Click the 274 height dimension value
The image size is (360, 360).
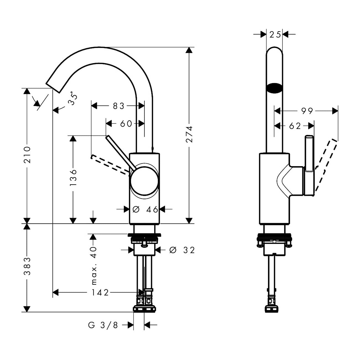click(x=189, y=134)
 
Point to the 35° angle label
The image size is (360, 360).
click(x=73, y=98)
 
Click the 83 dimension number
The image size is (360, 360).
click(x=119, y=106)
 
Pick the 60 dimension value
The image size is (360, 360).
click(x=126, y=124)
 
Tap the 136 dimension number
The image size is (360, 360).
click(x=73, y=177)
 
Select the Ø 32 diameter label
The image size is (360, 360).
click(x=182, y=250)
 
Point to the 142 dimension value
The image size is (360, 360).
click(x=100, y=292)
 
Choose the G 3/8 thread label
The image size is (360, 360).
click(x=103, y=325)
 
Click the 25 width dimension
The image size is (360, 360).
click(x=275, y=35)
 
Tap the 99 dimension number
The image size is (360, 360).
click(x=307, y=111)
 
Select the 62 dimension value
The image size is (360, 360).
click(x=295, y=126)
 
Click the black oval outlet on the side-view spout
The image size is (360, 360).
click(x=274, y=88)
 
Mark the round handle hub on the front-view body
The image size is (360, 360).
click(x=144, y=181)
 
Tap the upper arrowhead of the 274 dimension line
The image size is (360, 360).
click(x=189, y=50)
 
